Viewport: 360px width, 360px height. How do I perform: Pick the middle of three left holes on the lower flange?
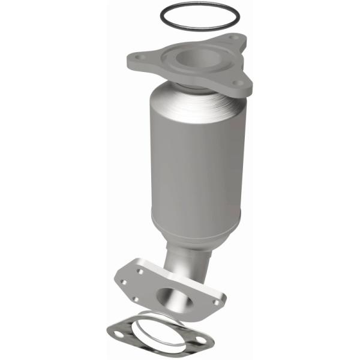(124, 281)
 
